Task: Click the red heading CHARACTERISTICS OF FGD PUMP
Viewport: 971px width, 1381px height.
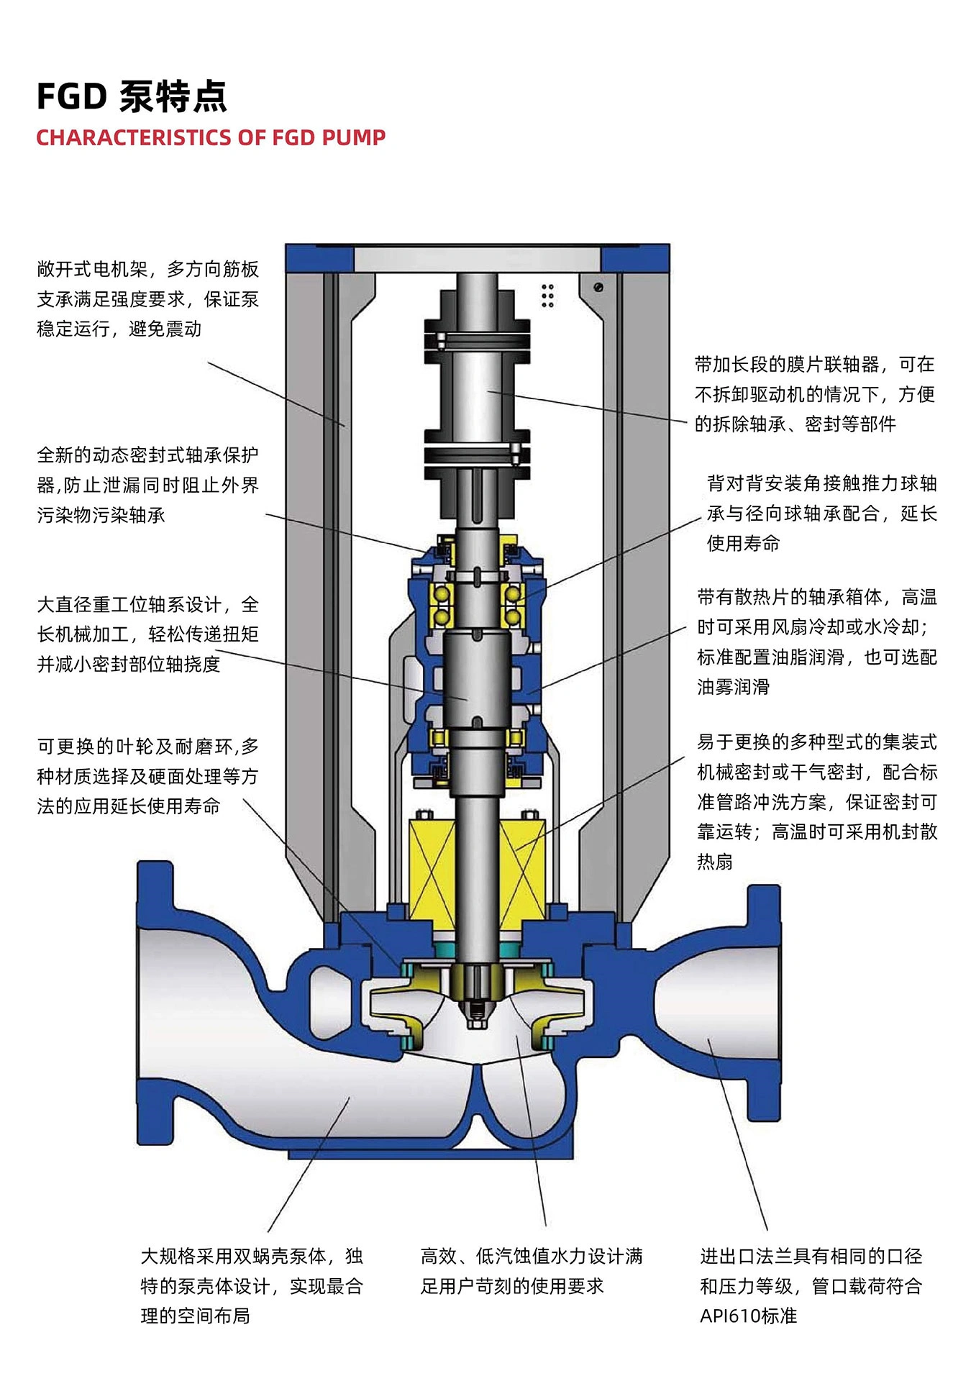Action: click(x=211, y=137)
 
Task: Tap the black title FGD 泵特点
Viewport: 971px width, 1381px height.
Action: click(x=132, y=96)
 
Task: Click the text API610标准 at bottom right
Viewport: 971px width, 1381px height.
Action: click(x=749, y=1316)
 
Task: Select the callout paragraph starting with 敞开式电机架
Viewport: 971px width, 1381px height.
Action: click(x=148, y=298)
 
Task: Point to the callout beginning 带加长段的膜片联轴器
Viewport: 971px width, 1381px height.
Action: click(x=815, y=394)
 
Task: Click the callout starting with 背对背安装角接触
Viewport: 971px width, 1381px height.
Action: click(x=822, y=513)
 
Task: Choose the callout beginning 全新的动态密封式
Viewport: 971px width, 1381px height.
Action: click(x=148, y=485)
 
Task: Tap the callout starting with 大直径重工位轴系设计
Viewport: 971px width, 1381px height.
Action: click(x=148, y=634)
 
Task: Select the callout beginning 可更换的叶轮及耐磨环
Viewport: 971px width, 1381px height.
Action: click(x=148, y=776)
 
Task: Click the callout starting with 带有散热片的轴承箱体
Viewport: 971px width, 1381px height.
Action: click(x=817, y=642)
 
